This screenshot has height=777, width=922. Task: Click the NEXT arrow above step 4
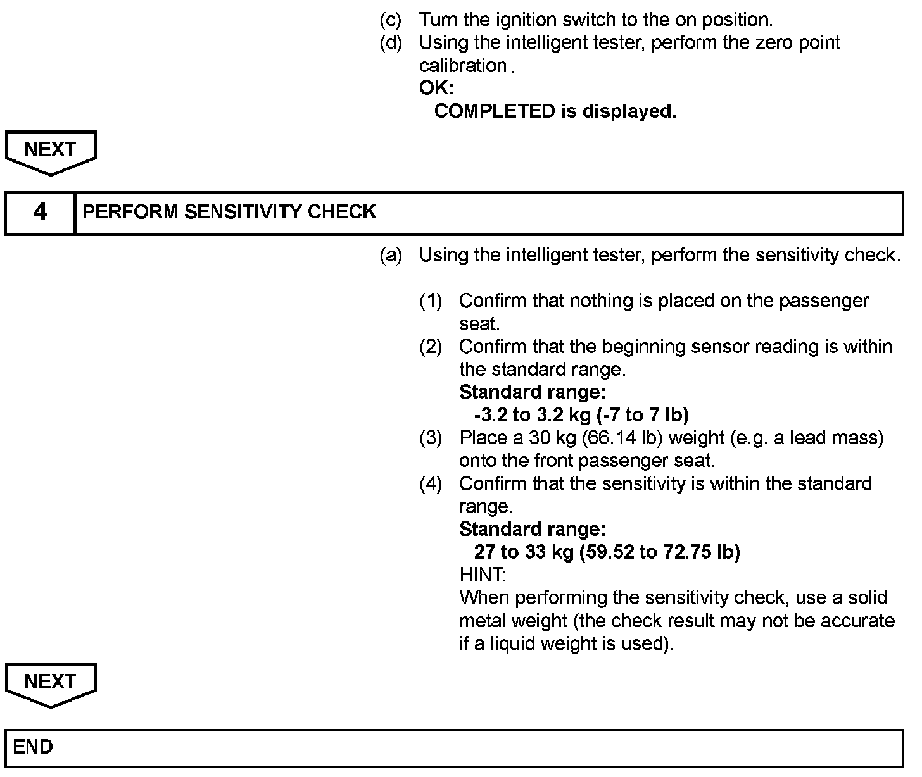pyautogui.click(x=50, y=151)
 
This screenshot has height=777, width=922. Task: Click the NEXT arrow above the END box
pyautogui.click(x=50, y=683)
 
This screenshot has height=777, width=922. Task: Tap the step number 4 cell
pyautogui.click(x=40, y=212)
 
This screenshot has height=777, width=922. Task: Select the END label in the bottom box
pyautogui.click(x=33, y=747)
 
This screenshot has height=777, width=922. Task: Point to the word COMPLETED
pyautogui.click(x=494, y=111)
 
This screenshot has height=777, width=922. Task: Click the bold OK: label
pyautogui.click(x=436, y=89)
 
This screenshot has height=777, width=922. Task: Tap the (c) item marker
pyautogui.click(x=390, y=20)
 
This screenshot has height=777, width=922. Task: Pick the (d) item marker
pyautogui.click(x=390, y=43)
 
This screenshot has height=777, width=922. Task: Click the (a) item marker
pyautogui.click(x=390, y=256)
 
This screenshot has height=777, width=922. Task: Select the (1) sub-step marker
pyautogui.click(x=431, y=301)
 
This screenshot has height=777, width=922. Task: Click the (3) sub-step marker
pyautogui.click(x=431, y=438)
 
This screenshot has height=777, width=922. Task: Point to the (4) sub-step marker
pyautogui.click(x=431, y=484)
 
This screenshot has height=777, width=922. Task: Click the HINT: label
pyautogui.click(x=483, y=575)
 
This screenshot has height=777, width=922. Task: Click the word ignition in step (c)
pyautogui.click(x=521, y=20)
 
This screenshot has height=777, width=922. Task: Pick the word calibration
pyautogui.click(x=463, y=66)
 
